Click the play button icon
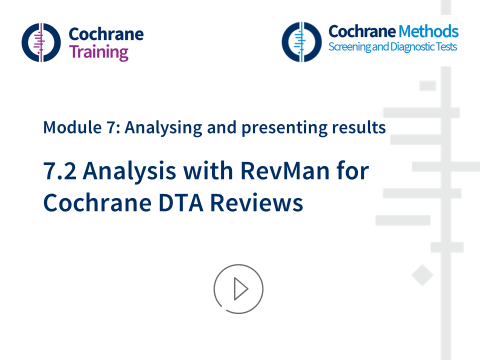[238, 289]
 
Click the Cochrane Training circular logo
[41, 42]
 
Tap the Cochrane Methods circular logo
[301, 42]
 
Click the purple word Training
[98, 51]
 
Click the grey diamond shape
[422, 276]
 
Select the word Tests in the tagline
[445, 47]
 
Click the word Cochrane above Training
[105, 34]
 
